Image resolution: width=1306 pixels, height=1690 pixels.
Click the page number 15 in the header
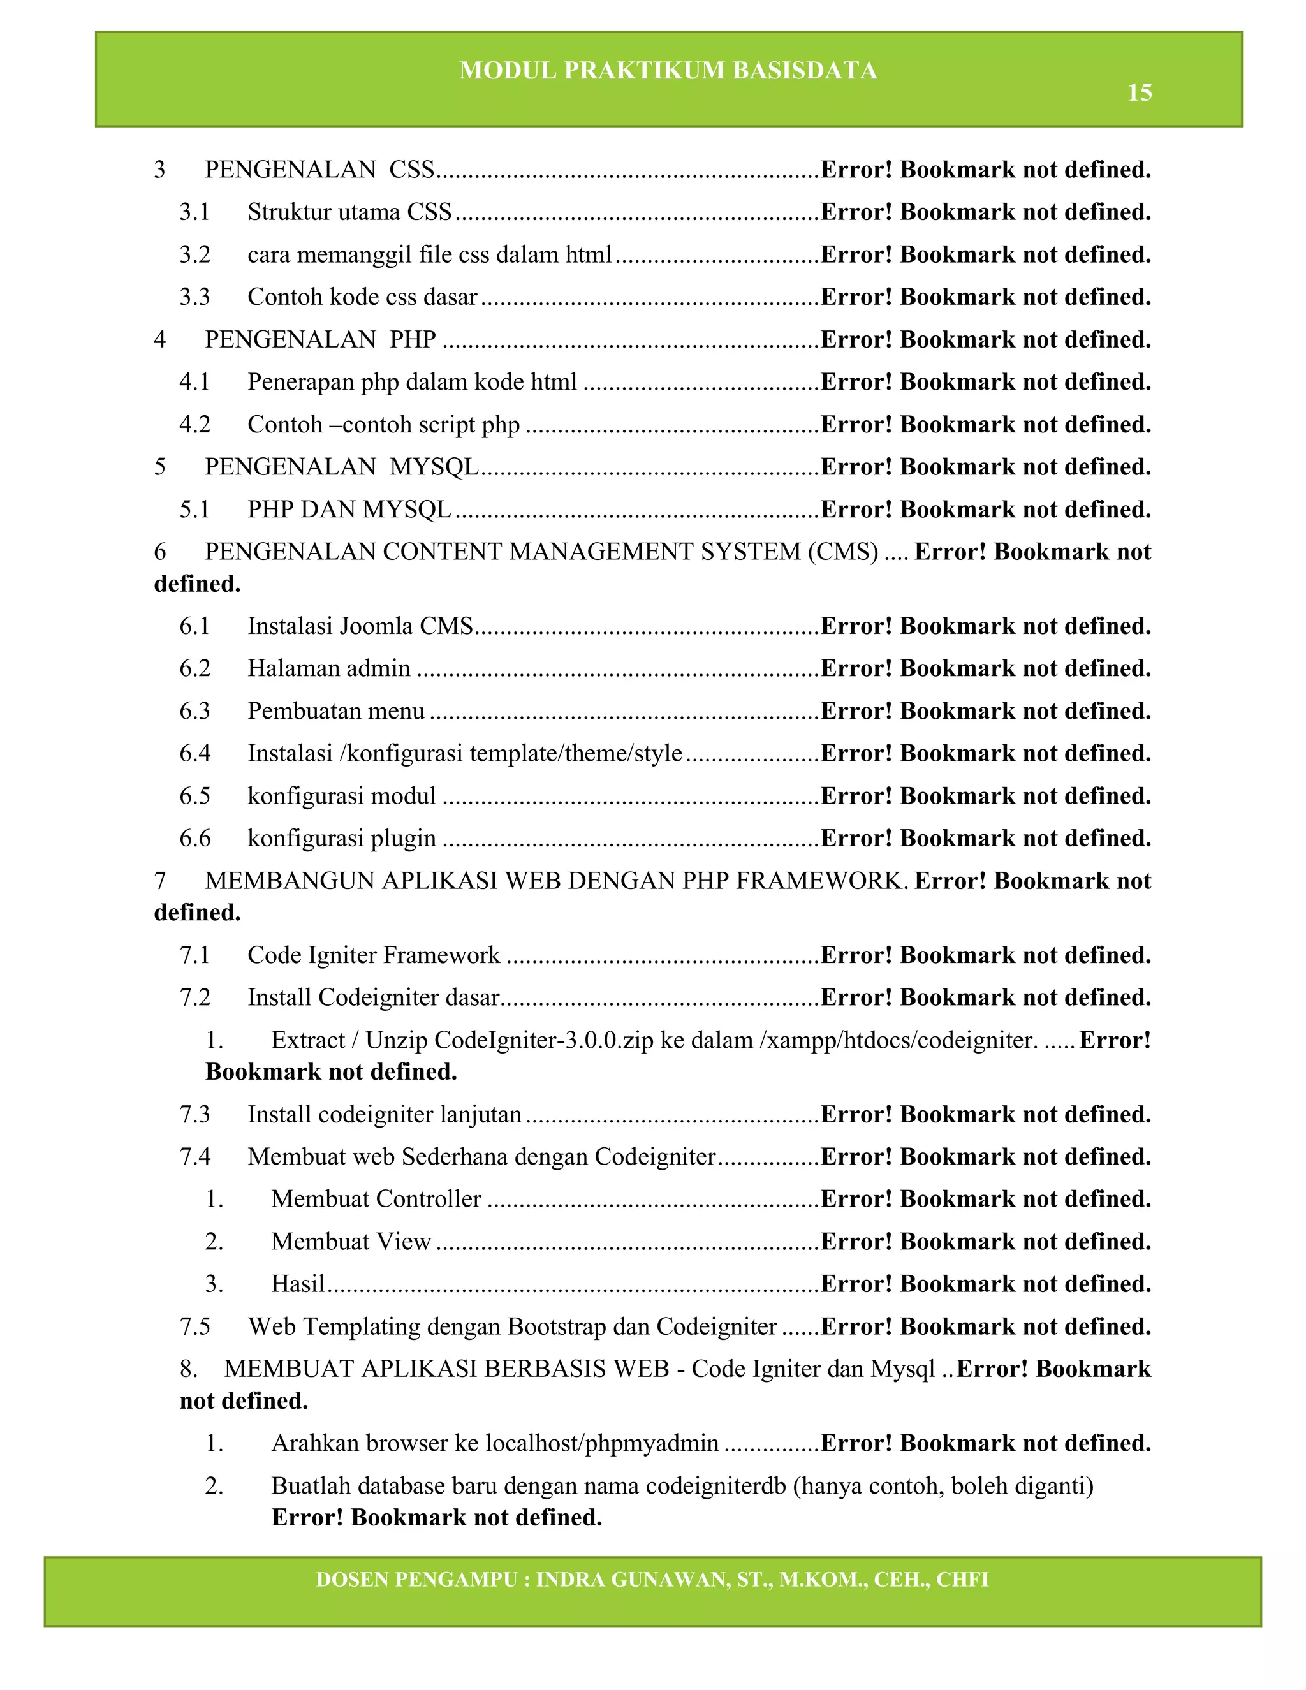point(1139,93)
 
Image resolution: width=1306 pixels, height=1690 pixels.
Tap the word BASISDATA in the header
point(805,70)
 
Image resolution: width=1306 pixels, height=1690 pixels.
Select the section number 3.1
point(194,212)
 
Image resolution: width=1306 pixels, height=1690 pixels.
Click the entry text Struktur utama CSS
point(349,212)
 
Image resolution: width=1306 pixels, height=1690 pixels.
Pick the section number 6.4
point(194,753)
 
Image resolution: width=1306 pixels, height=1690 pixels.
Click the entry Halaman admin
point(329,668)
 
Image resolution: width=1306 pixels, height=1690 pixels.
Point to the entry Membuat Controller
point(376,1199)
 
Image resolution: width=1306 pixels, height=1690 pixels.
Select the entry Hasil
point(298,1284)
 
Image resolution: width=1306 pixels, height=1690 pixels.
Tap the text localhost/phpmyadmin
point(602,1443)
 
